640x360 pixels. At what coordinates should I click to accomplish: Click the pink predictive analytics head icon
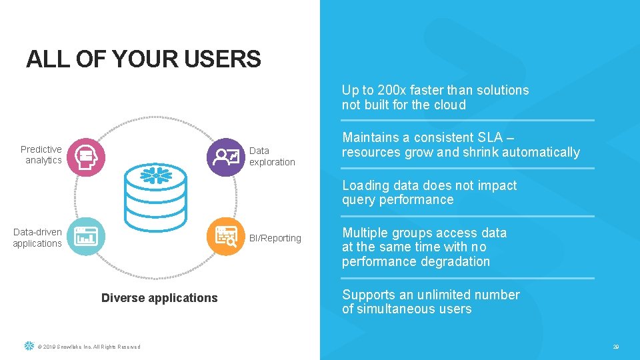pyautogui.click(x=86, y=156)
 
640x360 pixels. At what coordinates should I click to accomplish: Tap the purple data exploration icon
pyautogui.click(x=226, y=157)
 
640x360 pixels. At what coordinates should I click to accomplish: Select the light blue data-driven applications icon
pyautogui.click(x=86, y=236)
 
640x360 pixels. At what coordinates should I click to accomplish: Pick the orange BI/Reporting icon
pyautogui.click(x=226, y=236)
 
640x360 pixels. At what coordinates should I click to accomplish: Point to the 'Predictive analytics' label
pyautogui.click(x=41, y=155)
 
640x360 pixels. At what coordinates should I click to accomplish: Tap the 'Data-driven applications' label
pyautogui.click(x=37, y=237)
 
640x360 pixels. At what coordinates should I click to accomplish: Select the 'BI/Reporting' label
pyautogui.click(x=275, y=238)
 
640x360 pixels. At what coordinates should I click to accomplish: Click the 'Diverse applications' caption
pyautogui.click(x=159, y=298)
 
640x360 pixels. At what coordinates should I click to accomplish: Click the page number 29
pyautogui.click(x=616, y=347)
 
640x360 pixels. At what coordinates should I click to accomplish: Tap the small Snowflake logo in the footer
pyautogui.click(x=29, y=346)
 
